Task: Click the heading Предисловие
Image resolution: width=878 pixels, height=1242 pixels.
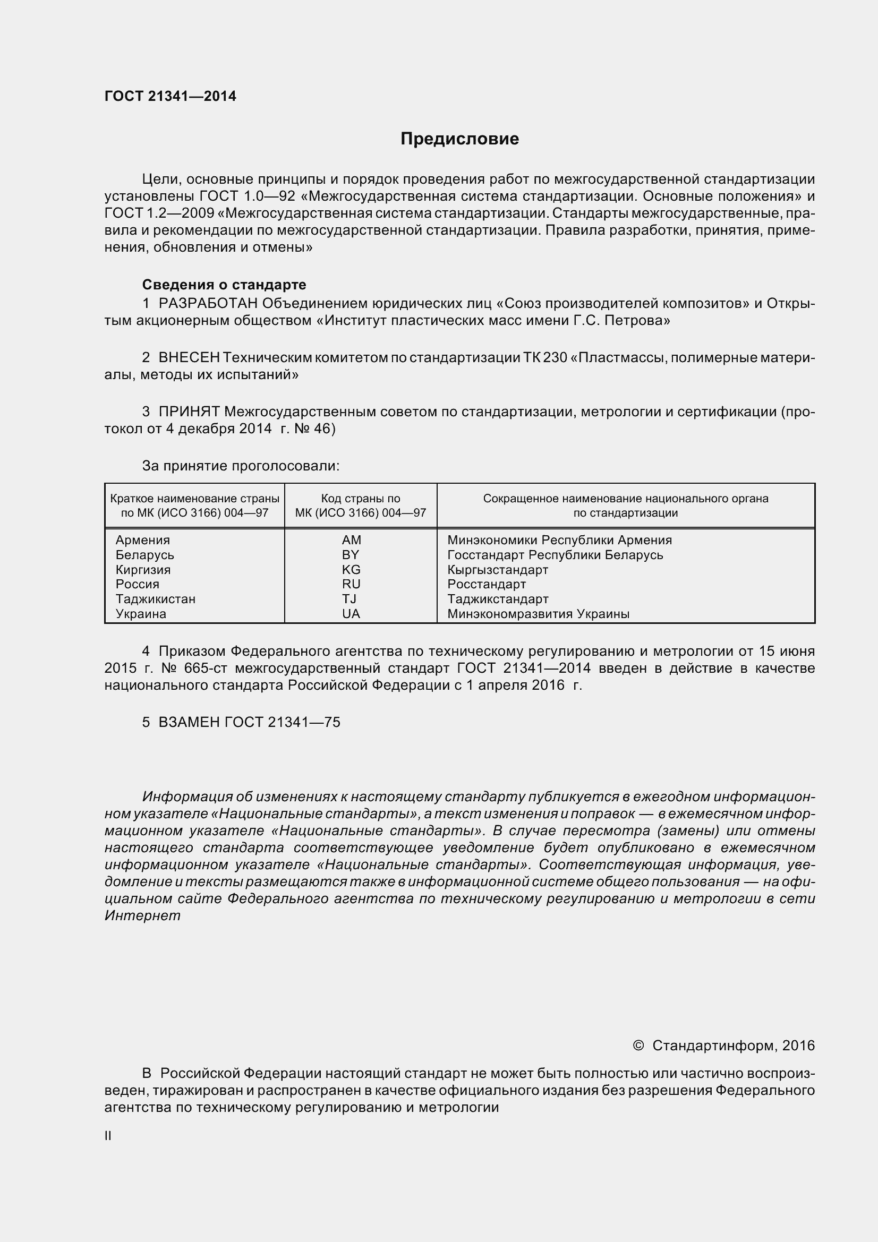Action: [459, 139]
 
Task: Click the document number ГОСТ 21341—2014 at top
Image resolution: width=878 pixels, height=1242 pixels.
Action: [171, 96]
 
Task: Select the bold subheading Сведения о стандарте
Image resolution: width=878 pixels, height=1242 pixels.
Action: [224, 285]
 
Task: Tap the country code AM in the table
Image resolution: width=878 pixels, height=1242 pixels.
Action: [351, 540]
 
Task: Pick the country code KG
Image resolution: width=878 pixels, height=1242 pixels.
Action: [351, 570]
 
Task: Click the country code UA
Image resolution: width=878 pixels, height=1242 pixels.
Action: [351, 614]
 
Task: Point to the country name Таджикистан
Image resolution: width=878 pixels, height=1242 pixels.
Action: [155, 599]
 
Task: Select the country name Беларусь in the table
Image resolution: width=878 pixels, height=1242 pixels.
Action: [144, 555]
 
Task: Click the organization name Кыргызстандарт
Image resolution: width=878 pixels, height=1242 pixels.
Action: [498, 570]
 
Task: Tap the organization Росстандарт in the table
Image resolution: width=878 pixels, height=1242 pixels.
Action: [487, 584]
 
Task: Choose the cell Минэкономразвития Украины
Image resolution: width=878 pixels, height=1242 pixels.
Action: [538, 614]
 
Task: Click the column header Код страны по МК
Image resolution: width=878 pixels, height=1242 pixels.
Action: [360, 505]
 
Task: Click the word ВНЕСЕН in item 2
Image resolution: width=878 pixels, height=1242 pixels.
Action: [189, 357]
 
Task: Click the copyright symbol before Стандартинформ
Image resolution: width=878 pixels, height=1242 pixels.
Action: [638, 1046]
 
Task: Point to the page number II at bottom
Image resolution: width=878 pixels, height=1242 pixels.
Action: [108, 1136]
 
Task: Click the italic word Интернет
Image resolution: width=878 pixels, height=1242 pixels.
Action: [142, 916]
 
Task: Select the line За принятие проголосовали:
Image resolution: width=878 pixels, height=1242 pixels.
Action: [241, 466]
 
